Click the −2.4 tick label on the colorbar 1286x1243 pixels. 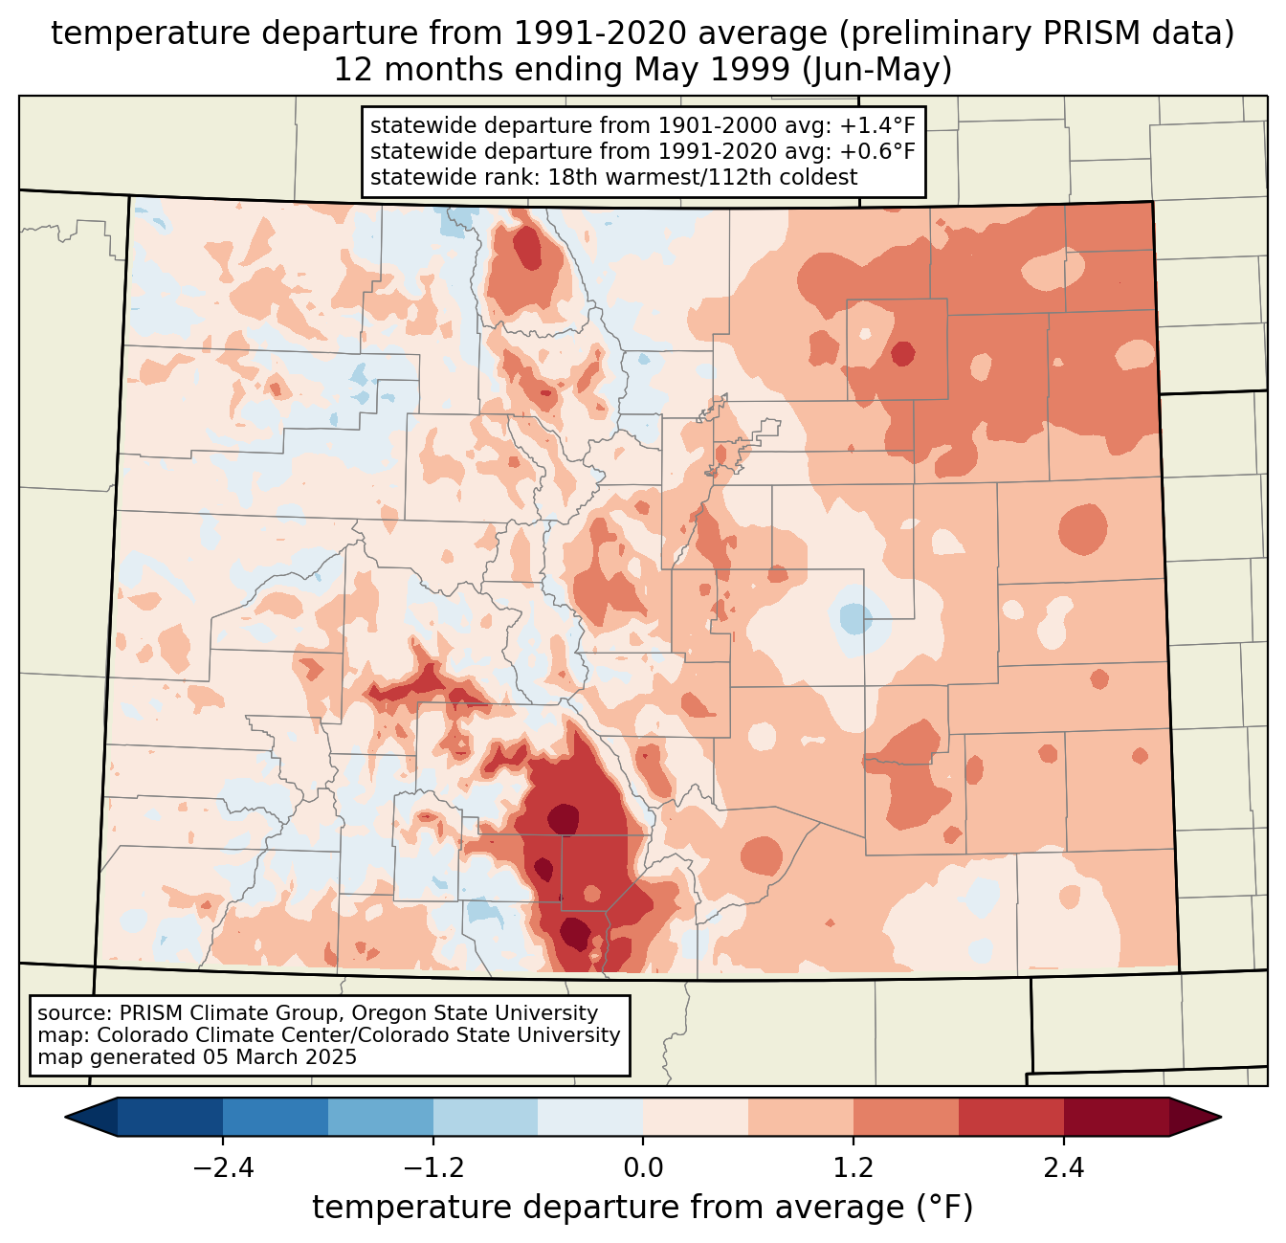point(223,1168)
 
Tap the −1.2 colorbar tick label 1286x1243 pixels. point(433,1168)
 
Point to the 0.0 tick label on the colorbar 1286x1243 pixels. point(643,1168)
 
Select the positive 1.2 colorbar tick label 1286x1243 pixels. point(854,1168)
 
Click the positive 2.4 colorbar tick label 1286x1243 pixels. point(1064,1168)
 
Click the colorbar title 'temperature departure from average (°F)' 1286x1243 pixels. point(643,1208)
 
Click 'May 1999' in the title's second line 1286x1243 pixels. point(712,70)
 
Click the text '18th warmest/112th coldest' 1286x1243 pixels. point(702,177)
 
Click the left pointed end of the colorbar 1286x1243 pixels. point(66,1118)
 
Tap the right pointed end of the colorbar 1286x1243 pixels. point(1220,1118)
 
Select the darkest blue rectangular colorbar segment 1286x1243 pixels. point(169,1118)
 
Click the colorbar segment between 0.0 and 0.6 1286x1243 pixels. point(696,1118)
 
